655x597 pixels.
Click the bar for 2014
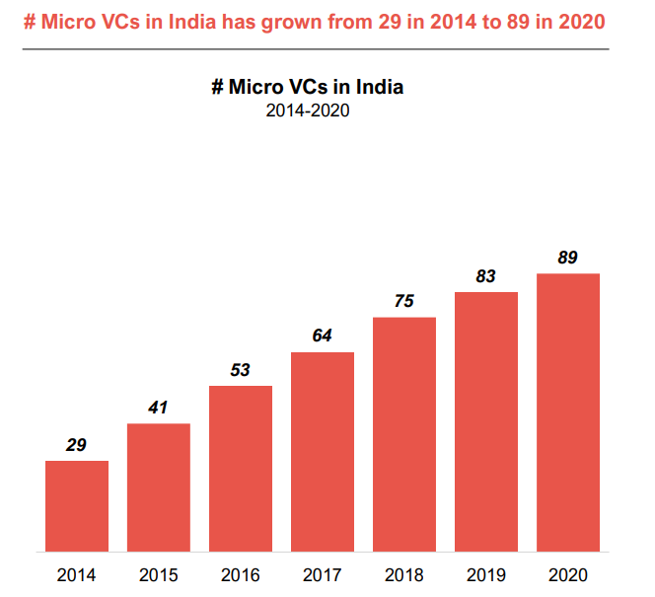coord(77,505)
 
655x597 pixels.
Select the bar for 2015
coord(159,486)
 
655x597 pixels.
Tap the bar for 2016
coord(241,468)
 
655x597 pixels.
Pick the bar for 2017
coord(323,451)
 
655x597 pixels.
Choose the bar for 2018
coord(404,433)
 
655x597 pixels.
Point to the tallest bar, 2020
coord(568,411)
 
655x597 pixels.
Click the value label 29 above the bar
coord(76,445)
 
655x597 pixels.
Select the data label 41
coord(158,408)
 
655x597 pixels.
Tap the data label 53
coord(240,370)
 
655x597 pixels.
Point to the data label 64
coord(322,336)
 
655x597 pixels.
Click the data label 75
coord(403,301)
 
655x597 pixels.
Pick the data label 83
coord(485,276)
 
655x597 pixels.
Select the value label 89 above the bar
coord(567,258)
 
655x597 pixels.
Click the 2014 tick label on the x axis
coord(77,574)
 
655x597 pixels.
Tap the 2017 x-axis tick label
coord(323,574)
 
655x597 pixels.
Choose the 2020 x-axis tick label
coord(568,574)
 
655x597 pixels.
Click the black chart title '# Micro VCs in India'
coord(308,87)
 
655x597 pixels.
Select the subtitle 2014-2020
coord(308,111)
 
